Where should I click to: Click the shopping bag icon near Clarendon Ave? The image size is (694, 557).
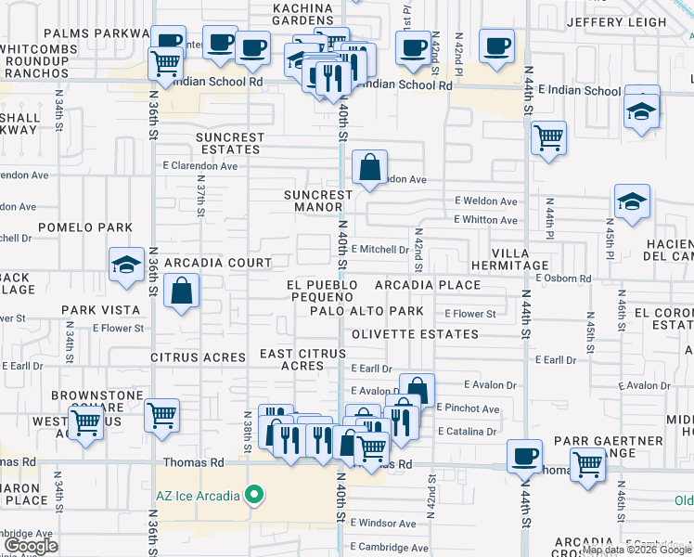coord(369,168)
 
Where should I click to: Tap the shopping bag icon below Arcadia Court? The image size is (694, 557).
coord(181,291)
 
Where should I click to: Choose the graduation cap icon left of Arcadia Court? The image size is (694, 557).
coord(126,266)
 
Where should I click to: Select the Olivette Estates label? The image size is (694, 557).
coord(400,332)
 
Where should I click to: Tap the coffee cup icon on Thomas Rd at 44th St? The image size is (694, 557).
coord(525,456)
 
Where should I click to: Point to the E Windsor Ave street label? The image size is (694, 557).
coord(382,524)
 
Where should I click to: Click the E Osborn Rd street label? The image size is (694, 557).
coord(563,278)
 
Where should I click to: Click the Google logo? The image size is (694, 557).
coord(32,546)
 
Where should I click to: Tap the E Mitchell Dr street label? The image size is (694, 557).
coord(379,249)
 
